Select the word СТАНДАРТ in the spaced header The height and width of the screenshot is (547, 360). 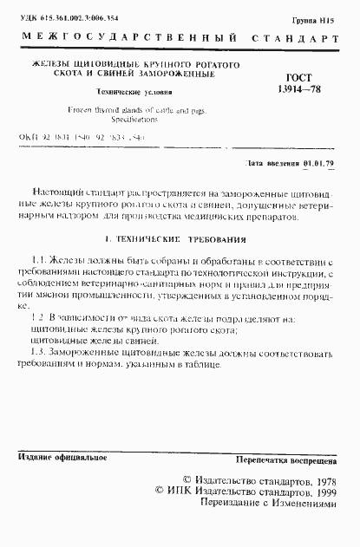[x=295, y=40]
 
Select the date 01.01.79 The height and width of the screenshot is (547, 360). [x=322, y=163]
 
